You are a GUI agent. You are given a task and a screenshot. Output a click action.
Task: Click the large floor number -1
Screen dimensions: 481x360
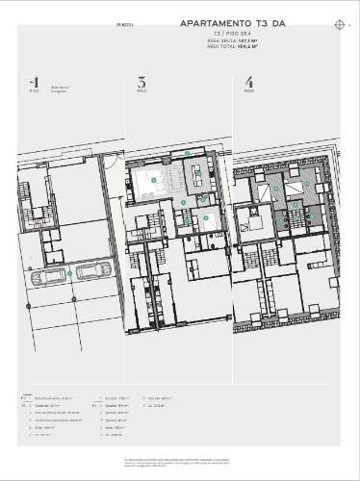pyautogui.click(x=35, y=83)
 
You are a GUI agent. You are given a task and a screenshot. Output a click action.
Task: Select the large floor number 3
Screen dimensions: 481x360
pyautogui.click(x=141, y=83)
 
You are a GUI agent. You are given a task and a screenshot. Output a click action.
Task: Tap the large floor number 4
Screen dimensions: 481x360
pyautogui.click(x=248, y=83)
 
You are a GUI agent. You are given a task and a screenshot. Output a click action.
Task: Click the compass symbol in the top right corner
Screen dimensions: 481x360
pyautogui.click(x=340, y=23)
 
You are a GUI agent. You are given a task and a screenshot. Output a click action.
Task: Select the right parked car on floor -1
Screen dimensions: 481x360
pyautogui.click(x=92, y=273)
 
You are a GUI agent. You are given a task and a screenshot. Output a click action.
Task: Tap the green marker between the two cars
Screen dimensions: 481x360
pyautogui.click(x=70, y=274)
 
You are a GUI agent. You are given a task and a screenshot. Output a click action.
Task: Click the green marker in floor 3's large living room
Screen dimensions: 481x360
pyautogui.click(x=153, y=180)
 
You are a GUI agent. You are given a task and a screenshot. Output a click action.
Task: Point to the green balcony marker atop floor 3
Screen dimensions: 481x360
pyautogui.click(x=187, y=153)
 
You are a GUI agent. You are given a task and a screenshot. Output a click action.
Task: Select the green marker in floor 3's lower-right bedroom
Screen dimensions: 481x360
pyautogui.click(x=205, y=217)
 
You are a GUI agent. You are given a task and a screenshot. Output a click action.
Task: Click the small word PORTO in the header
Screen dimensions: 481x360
pyautogui.click(x=125, y=23)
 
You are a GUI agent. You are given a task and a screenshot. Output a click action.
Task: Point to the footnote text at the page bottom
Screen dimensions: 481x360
pyautogui.click(x=179, y=463)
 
